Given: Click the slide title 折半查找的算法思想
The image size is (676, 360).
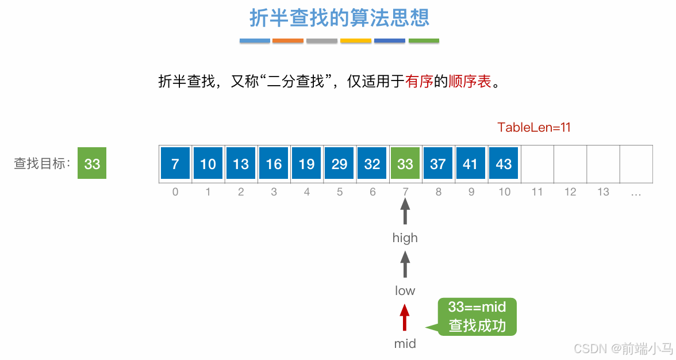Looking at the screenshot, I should click(339, 18).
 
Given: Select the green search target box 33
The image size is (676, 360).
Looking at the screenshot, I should click(92, 163).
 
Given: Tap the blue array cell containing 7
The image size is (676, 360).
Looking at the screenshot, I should click(175, 164).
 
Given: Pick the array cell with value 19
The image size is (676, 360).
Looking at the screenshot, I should click(306, 164).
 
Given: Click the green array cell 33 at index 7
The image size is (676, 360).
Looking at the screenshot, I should click(405, 164).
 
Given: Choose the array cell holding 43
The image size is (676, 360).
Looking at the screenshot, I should click(504, 164).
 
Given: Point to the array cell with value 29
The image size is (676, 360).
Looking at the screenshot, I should click(339, 164).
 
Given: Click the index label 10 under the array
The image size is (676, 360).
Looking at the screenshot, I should click(504, 192).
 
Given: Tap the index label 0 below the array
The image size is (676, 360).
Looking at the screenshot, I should click(175, 192).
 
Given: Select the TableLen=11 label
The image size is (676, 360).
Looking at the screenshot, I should click(534, 128).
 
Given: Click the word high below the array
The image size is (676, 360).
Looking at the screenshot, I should click(405, 238).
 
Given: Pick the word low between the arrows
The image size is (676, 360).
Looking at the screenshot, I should click(405, 291).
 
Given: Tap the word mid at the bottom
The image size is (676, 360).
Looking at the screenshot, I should click(405, 344).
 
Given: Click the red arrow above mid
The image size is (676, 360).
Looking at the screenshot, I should click(405, 317).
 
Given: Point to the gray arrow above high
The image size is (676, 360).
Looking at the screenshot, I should click(405, 212).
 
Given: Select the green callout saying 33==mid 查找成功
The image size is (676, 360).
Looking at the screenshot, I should click(477, 317).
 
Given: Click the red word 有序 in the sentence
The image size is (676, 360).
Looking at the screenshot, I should click(418, 82).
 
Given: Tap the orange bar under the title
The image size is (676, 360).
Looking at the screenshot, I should click(288, 41).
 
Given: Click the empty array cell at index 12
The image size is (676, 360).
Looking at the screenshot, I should click(570, 164).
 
